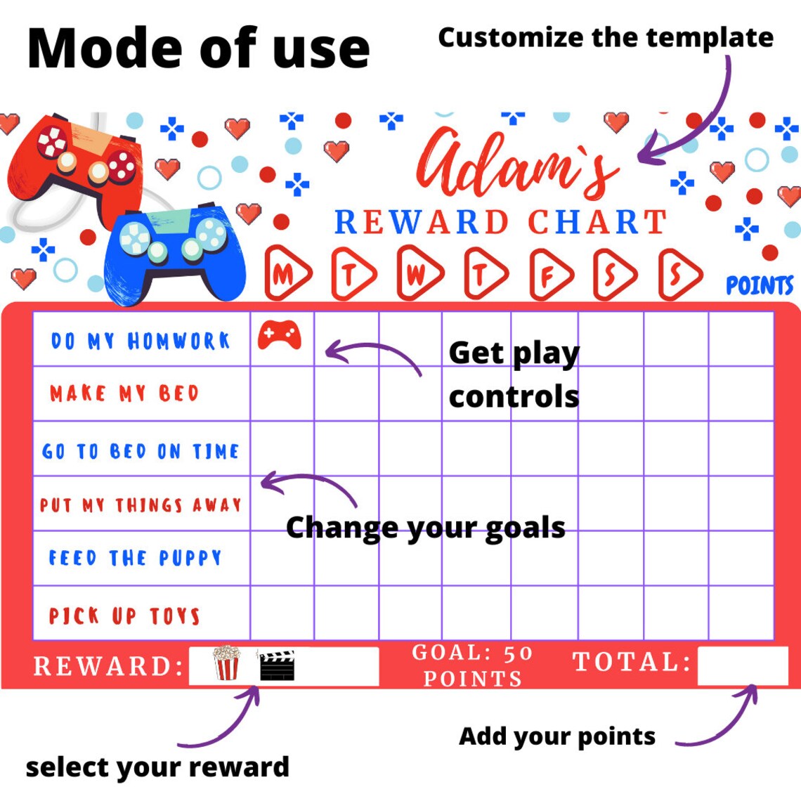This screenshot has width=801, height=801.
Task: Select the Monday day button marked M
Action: coord(286,274)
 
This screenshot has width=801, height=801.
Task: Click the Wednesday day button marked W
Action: coord(418,274)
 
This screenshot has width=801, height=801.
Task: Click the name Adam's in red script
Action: coord(516,165)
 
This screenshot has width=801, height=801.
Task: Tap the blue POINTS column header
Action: coord(759,286)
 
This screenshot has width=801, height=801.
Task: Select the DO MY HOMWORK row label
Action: coord(141,341)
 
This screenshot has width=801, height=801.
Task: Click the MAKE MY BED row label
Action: coord(124,393)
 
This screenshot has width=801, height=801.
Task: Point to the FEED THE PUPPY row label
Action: coord(135,559)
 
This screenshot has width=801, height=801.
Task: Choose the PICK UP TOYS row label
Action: coord(124,616)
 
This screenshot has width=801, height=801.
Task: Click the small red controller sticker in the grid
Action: coord(279,334)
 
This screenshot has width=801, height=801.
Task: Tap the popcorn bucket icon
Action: coord(226,664)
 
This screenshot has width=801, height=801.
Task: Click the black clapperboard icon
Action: coord(277,665)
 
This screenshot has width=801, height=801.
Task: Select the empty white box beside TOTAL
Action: coord(742,665)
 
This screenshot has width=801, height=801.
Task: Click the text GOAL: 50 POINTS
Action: coord(472,665)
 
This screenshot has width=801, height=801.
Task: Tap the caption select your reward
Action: coord(157,767)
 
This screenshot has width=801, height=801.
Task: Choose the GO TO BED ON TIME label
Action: coord(141,451)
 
